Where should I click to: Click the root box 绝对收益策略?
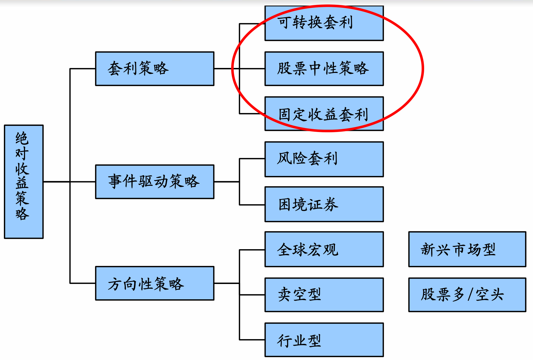(x=24, y=182)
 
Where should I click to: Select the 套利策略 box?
(x=155, y=68)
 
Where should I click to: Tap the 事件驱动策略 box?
(x=155, y=182)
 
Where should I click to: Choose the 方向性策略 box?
(x=155, y=283)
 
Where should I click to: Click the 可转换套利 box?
(x=324, y=23)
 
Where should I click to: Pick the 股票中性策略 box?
(x=324, y=68)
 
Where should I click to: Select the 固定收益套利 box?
(x=324, y=114)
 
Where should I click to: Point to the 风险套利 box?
(x=324, y=159)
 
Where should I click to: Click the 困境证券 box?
(x=324, y=204)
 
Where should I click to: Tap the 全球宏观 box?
(x=324, y=249)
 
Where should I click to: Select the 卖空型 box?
(x=324, y=295)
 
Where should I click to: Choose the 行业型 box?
(x=324, y=340)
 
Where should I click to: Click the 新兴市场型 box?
(x=467, y=249)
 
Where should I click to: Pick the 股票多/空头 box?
(x=467, y=295)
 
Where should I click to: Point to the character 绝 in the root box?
(x=22, y=138)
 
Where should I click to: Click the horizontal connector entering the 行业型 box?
(x=252, y=340)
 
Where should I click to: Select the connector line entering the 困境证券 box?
(x=252, y=205)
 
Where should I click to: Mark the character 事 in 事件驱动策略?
(x=115, y=181)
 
